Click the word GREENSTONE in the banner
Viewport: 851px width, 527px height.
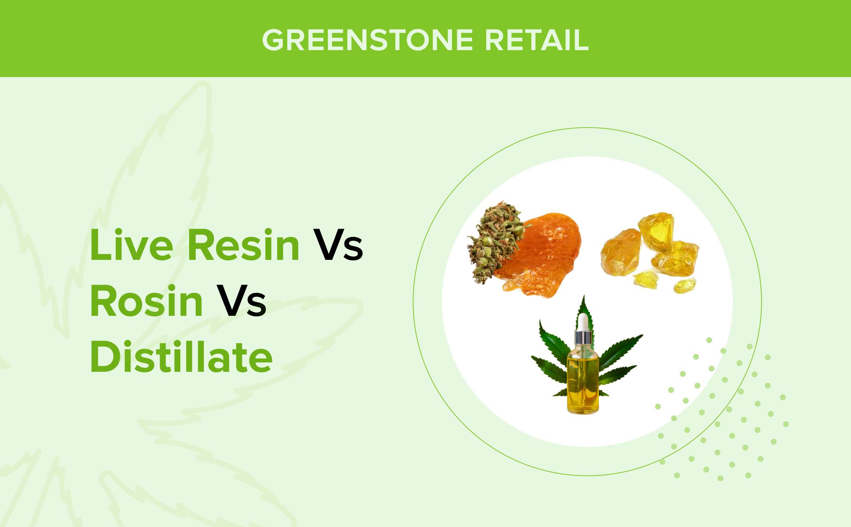[x=368, y=40]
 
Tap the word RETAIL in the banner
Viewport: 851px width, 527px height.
[x=537, y=40]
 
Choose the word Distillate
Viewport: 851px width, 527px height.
[x=181, y=357]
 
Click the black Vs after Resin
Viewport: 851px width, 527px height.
[x=338, y=245]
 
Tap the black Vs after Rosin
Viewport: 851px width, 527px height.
[x=241, y=301]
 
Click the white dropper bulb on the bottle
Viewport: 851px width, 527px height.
[x=583, y=322]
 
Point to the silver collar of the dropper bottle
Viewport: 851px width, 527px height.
[x=583, y=337]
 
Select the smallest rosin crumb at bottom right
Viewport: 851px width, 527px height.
[x=685, y=286]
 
